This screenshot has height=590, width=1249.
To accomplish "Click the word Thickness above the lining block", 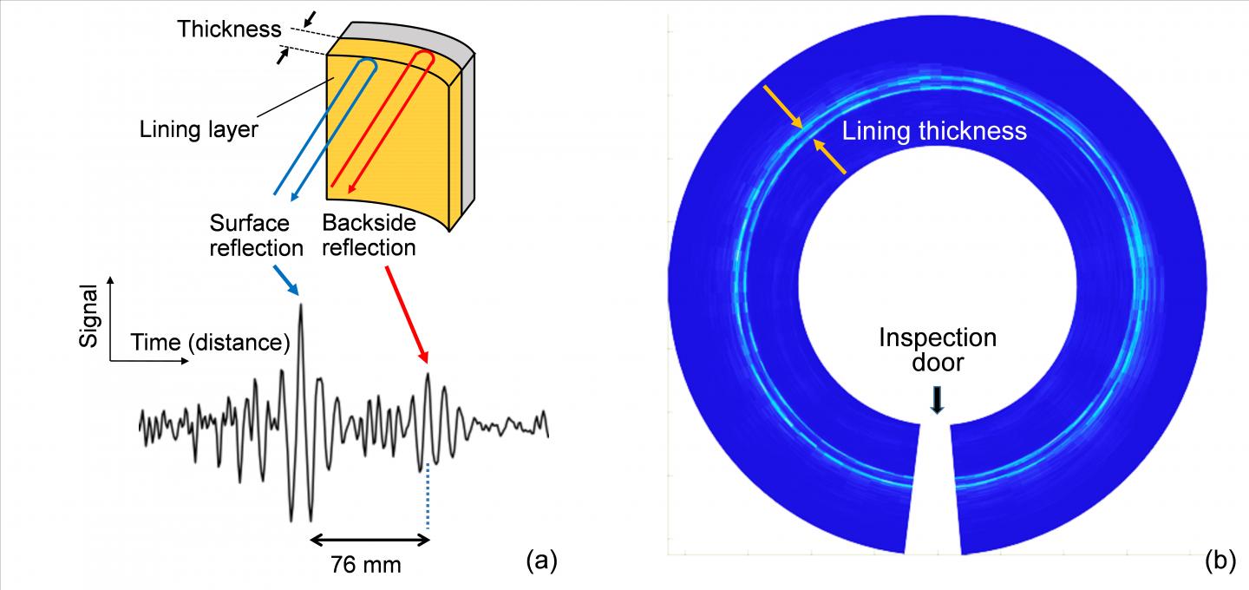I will (229, 29).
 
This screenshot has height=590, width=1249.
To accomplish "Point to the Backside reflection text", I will (369, 235).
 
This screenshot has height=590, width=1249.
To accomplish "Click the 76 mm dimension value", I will (366, 565).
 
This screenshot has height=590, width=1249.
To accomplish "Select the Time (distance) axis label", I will (210, 343).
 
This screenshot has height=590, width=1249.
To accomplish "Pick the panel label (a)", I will (541, 561).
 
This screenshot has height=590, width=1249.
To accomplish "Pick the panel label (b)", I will (1220, 561).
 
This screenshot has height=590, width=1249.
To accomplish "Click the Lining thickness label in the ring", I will (934, 132).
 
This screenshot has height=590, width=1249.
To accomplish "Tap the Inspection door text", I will (938, 349).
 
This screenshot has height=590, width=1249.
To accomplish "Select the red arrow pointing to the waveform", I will (406, 313).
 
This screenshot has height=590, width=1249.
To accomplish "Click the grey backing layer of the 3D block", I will (465, 130).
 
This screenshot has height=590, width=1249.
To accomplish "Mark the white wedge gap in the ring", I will (934, 495).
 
